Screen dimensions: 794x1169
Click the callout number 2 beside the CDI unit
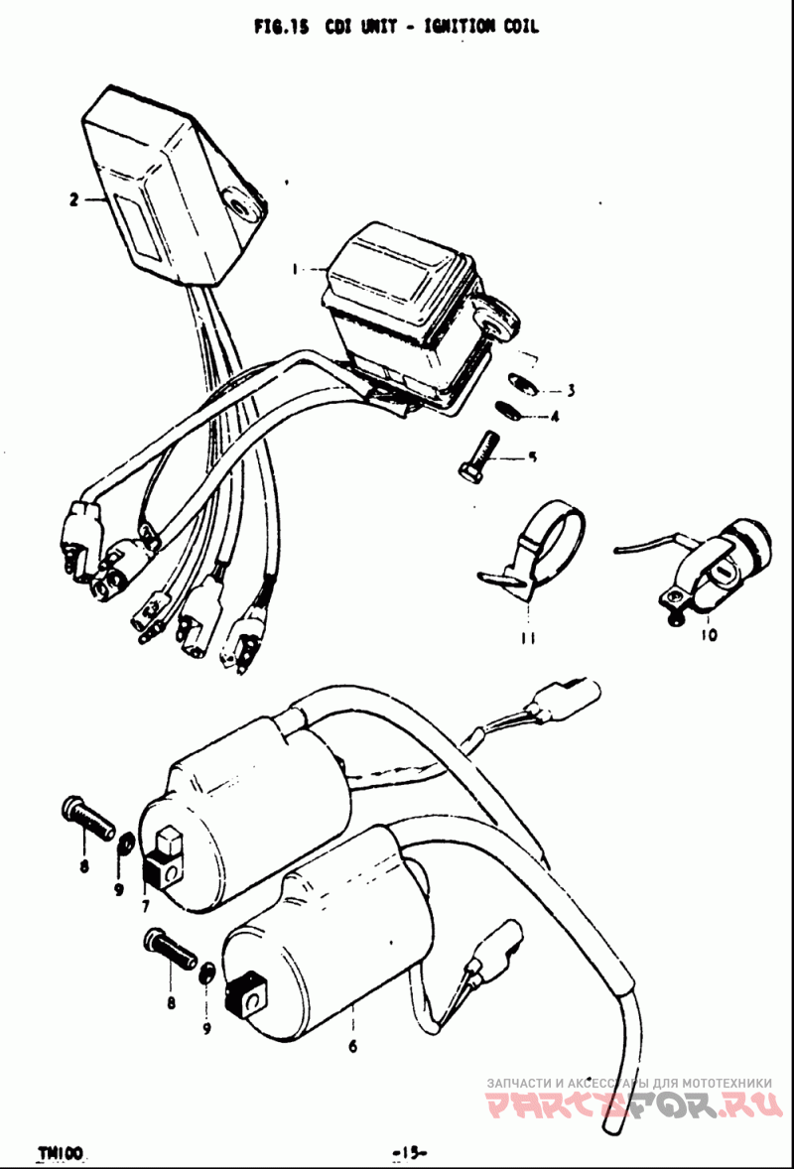point(73,199)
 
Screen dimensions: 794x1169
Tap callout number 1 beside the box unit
point(295,269)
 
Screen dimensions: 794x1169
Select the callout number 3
point(571,390)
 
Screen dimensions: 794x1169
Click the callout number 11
point(529,638)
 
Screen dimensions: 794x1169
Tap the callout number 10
point(709,635)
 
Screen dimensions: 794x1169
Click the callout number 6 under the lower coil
point(352,1046)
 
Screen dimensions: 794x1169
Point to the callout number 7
point(145,907)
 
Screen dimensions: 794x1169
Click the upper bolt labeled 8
point(86,817)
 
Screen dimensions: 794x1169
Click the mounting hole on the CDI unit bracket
point(241,208)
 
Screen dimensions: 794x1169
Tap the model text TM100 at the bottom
point(61,1151)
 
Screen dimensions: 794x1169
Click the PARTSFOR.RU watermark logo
point(633,1104)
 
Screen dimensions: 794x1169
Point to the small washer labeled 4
point(508,411)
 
